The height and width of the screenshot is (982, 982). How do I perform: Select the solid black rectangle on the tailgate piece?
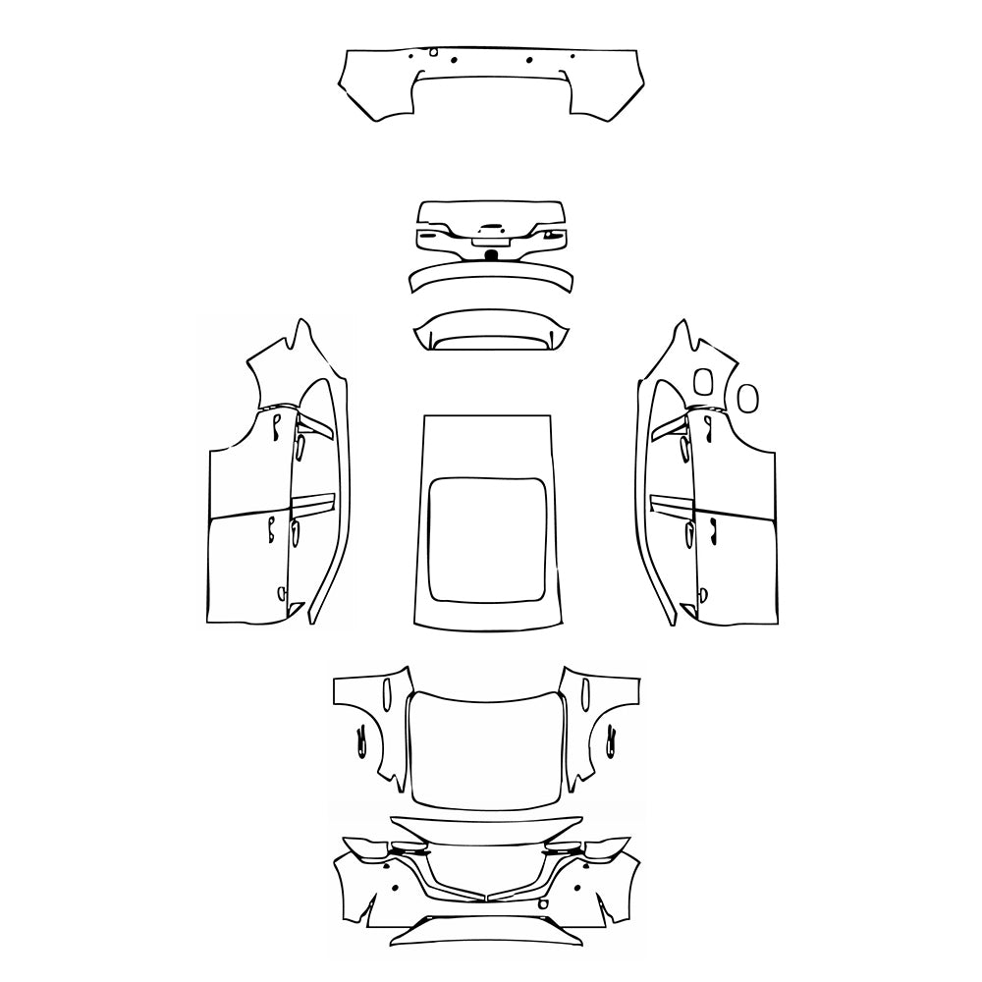pos(491,255)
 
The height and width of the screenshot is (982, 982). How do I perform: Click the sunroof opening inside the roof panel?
pos(489,538)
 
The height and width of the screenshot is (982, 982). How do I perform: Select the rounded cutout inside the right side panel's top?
pos(703,382)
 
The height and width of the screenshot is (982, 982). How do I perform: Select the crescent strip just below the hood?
pos(488,830)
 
